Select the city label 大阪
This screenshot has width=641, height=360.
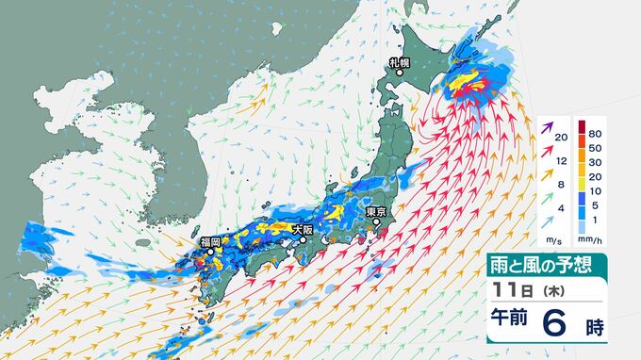[x=303, y=229]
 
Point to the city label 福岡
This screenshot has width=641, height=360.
[x=211, y=242]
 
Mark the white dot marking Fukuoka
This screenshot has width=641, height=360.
[x=211, y=253]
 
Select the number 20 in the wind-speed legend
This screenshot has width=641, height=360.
[x=561, y=139]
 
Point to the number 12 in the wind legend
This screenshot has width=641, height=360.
[x=561, y=162]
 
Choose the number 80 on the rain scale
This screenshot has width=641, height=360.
[x=595, y=135]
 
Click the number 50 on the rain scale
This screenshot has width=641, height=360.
[x=595, y=149]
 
